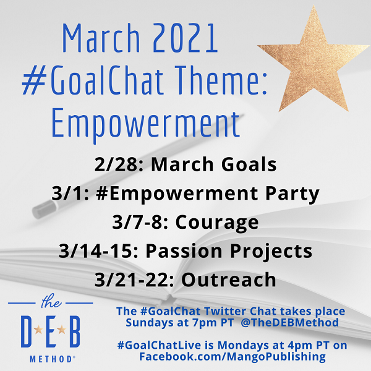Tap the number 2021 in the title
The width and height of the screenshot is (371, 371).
185,38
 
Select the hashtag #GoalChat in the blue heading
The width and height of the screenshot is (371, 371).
93,79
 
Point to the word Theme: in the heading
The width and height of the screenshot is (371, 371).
221,79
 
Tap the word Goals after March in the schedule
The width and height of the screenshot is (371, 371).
249,164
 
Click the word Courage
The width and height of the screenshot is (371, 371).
217,223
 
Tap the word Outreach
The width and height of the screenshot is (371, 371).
229,279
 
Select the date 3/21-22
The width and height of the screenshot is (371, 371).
134,279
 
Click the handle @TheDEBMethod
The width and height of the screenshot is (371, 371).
289,323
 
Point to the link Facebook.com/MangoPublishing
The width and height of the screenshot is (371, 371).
232,357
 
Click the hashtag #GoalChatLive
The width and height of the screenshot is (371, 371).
160,345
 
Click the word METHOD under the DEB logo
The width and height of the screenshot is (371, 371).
51,359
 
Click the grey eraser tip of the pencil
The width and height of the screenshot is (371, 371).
45,210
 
